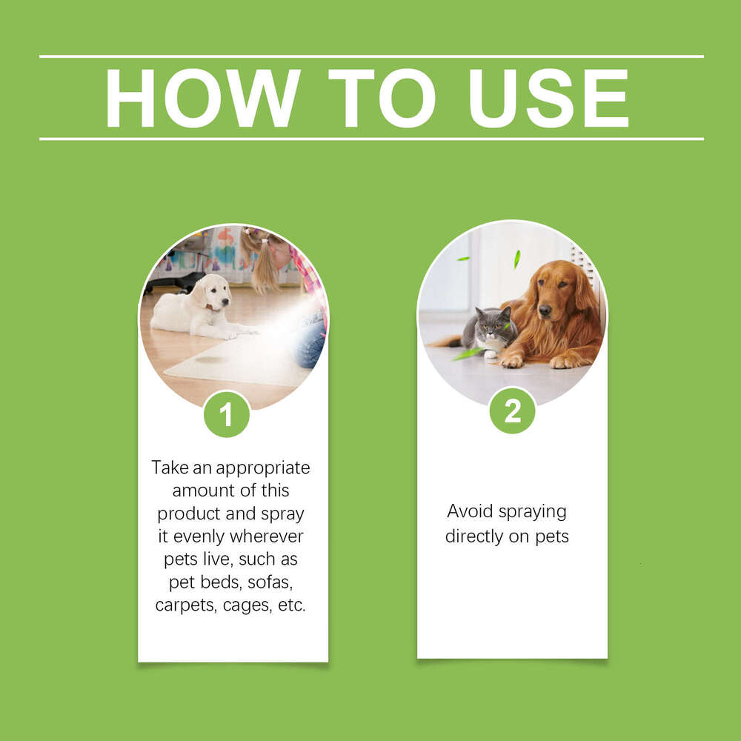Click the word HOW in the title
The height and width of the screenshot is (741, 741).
point(202,98)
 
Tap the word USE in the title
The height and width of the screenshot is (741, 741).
point(548,98)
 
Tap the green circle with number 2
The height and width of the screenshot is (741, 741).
point(512,411)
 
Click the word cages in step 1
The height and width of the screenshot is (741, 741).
point(247,605)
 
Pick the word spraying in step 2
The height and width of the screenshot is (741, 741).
point(532,512)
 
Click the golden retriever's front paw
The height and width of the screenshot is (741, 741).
point(511,361)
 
